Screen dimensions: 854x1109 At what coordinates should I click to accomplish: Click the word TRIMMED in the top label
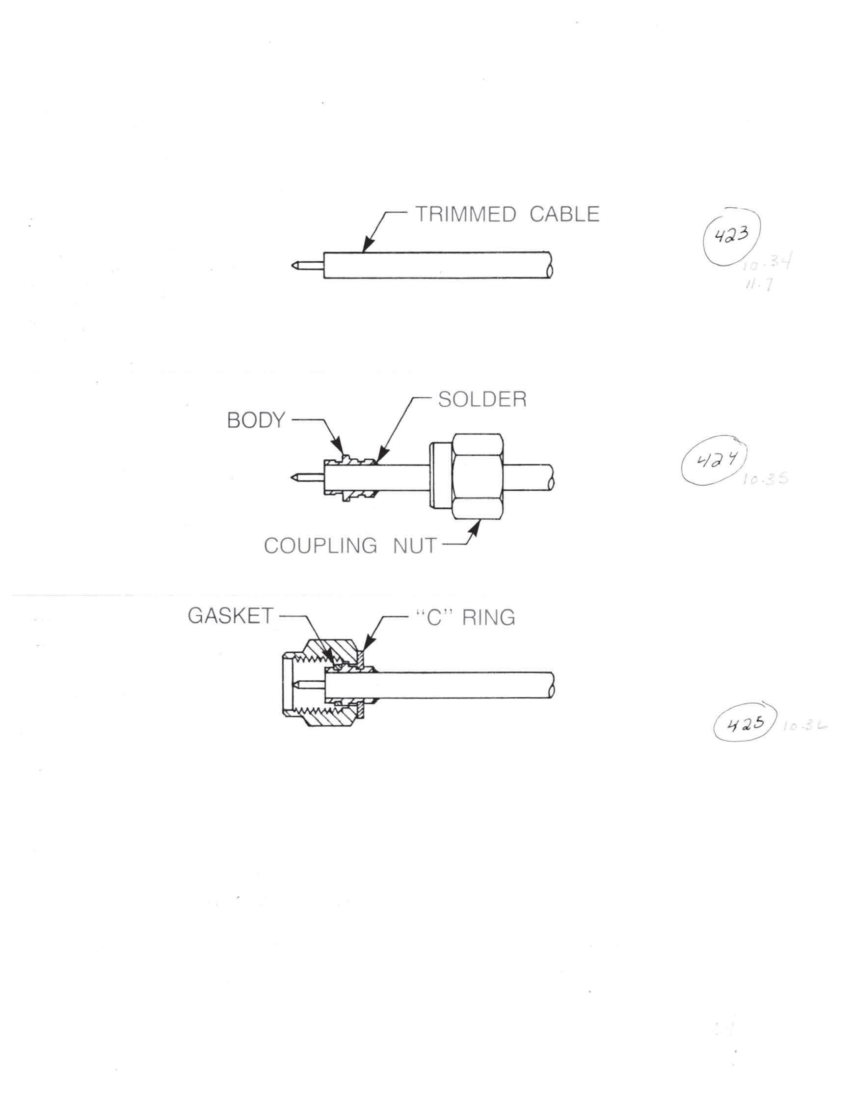[465, 214]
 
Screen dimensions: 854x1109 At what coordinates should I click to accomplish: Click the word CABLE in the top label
[564, 214]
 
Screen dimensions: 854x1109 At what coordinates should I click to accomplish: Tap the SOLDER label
[482, 400]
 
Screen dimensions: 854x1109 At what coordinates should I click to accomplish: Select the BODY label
[256, 420]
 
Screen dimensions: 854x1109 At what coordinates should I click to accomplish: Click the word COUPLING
[320, 546]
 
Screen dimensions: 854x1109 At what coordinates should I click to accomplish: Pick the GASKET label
[230, 616]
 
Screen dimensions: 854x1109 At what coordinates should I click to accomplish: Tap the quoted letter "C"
[436, 617]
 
